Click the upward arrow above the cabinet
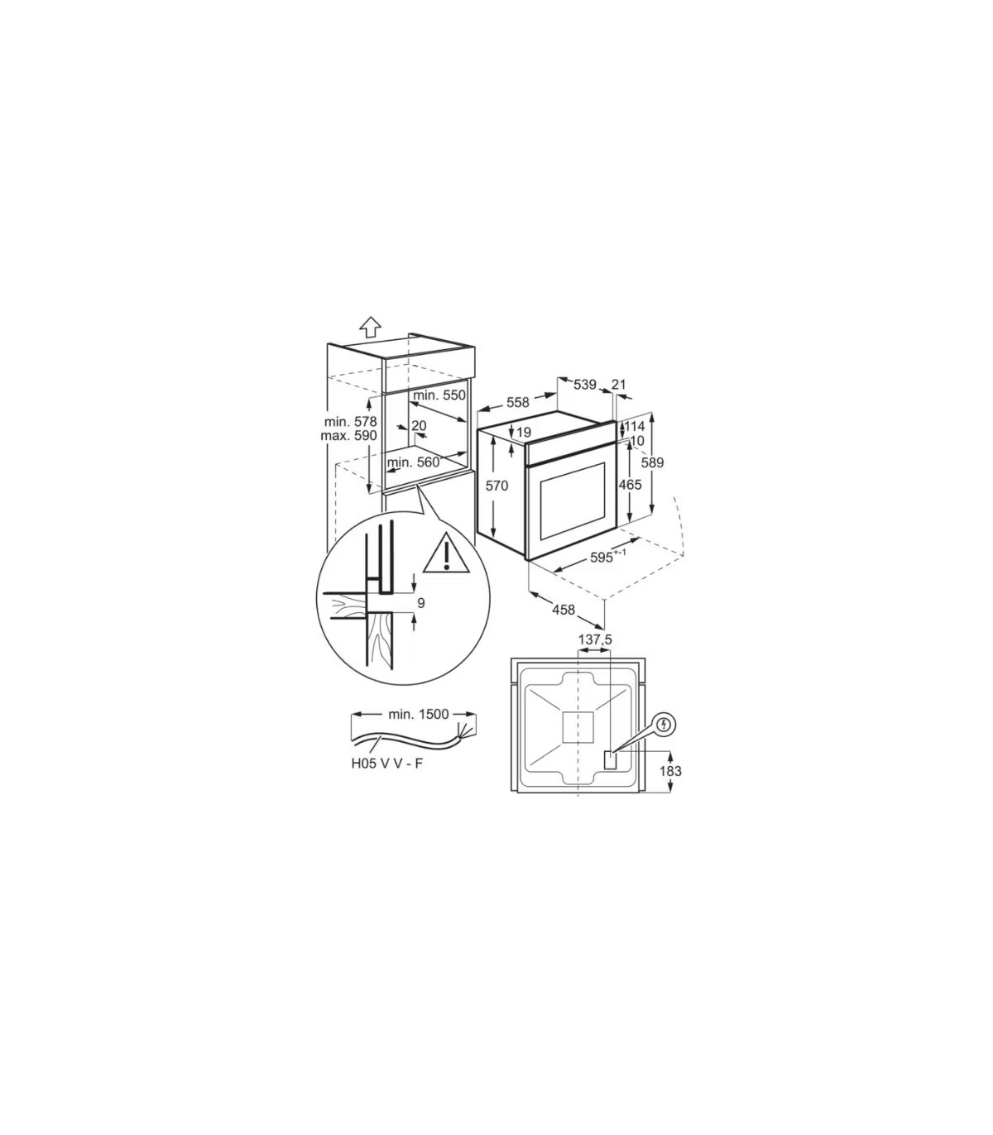pyautogui.click(x=370, y=327)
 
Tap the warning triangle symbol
pyautogui.click(x=446, y=553)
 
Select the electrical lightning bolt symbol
pyautogui.click(x=665, y=725)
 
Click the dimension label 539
pyautogui.click(x=585, y=385)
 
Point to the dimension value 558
pyautogui.click(x=518, y=402)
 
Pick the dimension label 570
pyautogui.click(x=496, y=486)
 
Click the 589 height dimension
pyautogui.click(x=652, y=462)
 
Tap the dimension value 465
pyautogui.click(x=631, y=485)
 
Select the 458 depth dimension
pyautogui.click(x=564, y=610)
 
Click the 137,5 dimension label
pyautogui.click(x=595, y=639)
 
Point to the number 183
pyautogui.click(x=671, y=771)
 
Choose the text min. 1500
pyautogui.click(x=418, y=715)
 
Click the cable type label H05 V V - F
pyautogui.click(x=386, y=764)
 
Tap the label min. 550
pyautogui.click(x=439, y=395)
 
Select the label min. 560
pyautogui.click(x=413, y=462)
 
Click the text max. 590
pyautogui.click(x=348, y=435)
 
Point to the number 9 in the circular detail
pyautogui.click(x=421, y=603)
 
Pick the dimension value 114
pyautogui.click(x=636, y=427)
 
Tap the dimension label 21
pyautogui.click(x=618, y=385)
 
